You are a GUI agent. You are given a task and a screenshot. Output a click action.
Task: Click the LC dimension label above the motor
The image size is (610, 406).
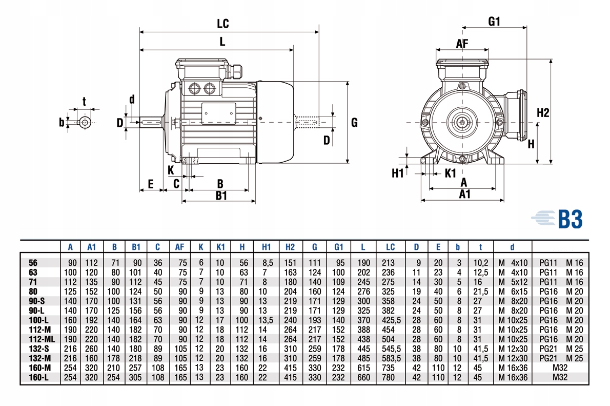pyautogui.click(x=222, y=24)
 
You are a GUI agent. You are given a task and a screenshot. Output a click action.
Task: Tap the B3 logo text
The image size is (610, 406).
pyautogui.click(x=570, y=219)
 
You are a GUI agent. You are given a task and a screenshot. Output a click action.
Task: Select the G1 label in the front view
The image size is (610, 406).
pyautogui.click(x=494, y=21)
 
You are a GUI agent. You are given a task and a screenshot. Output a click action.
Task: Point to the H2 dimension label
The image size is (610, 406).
pyautogui.click(x=543, y=113)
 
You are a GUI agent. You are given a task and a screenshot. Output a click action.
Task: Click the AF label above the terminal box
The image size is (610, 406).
pyautogui.click(x=462, y=44)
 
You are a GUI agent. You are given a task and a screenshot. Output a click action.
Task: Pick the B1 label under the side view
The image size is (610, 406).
pyautogui.click(x=221, y=195)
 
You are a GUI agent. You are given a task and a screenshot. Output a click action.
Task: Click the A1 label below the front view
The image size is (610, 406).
pyautogui.click(x=464, y=194)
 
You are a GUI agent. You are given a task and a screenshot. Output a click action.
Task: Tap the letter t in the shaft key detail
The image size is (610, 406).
pyautogui.click(x=85, y=101)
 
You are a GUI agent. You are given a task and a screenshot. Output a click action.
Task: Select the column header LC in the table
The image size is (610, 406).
pyautogui.click(x=390, y=247)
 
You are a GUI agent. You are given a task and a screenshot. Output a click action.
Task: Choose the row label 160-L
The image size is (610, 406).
pyautogui.click(x=39, y=378)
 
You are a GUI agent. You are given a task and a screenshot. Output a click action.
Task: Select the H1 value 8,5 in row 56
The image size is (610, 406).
pyautogui.click(x=267, y=262)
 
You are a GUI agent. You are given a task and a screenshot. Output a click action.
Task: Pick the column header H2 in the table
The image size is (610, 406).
pyautogui.click(x=290, y=247)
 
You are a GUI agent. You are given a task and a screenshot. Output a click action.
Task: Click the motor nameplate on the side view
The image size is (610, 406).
pyautogui.click(x=218, y=113)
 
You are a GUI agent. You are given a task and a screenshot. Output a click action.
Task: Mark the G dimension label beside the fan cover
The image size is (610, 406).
pyautogui.click(x=354, y=123)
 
